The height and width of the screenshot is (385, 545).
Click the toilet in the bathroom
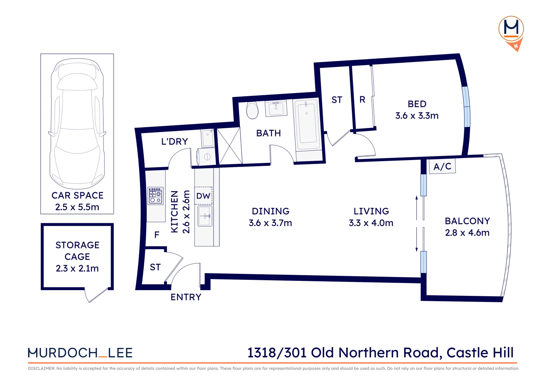(x=252, y=110)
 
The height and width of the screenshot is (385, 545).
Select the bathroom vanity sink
(x=276, y=108)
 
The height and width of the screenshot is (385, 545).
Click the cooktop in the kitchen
(x=156, y=196)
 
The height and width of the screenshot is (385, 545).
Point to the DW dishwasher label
(x=203, y=196)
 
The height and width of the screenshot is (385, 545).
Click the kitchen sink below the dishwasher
(x=205, y=216)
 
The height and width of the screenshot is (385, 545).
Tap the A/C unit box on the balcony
(x=442, y=166)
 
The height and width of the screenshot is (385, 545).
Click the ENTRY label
(x=186, y=297)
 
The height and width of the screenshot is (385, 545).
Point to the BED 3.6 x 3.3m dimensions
(x=417, y=116)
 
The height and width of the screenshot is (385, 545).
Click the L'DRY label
(x=175, y=142)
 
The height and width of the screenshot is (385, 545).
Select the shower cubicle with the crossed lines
(x=229, y=147)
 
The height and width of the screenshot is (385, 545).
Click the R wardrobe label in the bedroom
(x=362, y=100)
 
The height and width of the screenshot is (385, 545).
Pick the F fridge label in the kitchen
(x=157, y=235)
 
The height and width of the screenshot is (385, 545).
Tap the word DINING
(x=271, y=211)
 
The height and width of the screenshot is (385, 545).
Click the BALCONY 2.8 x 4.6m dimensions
(x=467, y=233)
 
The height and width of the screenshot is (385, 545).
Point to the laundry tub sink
(x=208, y=138)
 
